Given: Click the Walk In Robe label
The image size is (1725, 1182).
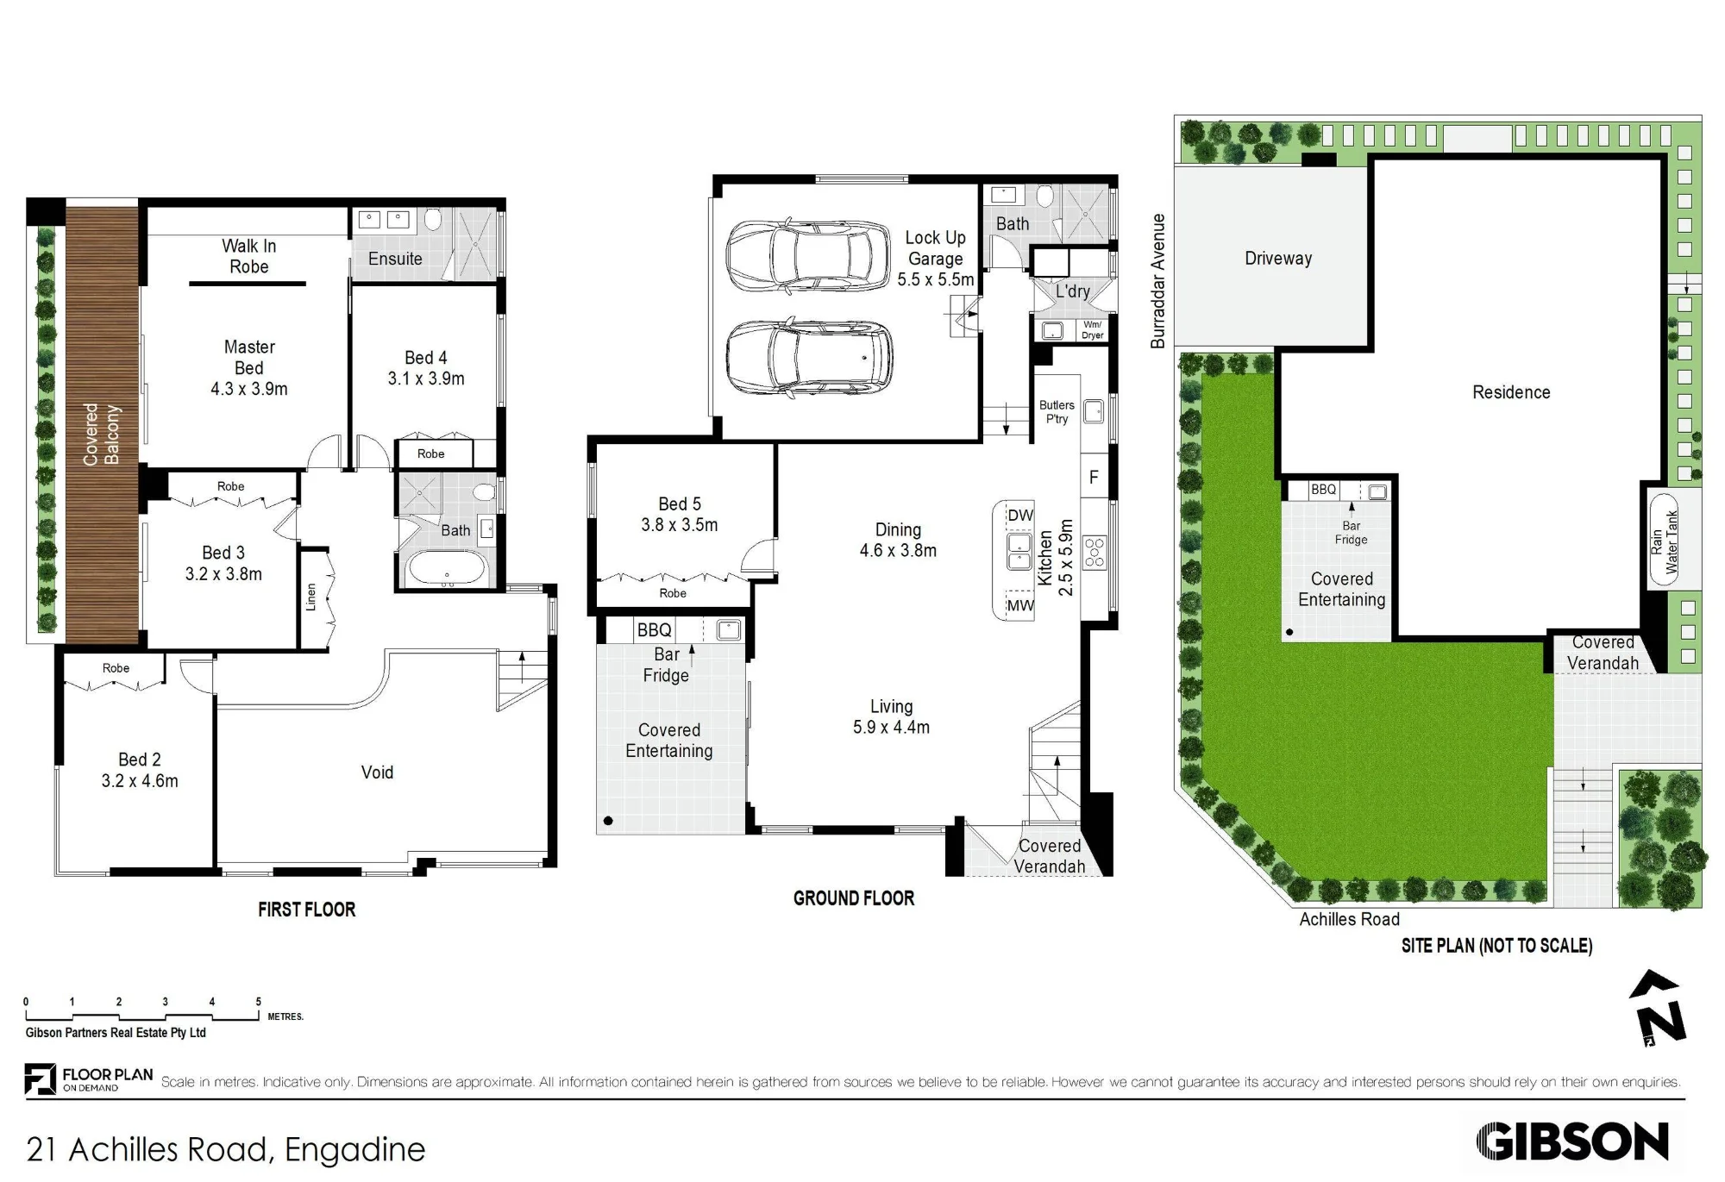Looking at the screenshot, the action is (x=249, y=256).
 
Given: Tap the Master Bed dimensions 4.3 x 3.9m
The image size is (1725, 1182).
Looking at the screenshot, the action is (x=249, y=389).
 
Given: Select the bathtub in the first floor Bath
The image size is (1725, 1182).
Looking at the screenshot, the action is (x=448, y=568).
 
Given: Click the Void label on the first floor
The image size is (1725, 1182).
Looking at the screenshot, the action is (x=377, y=772).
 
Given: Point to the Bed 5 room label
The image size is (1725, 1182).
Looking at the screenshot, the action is (x=680, y=503).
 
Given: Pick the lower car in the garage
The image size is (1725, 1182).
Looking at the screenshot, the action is (x=809, y=355).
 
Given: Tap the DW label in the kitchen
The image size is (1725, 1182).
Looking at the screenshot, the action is (x=1020, y=516).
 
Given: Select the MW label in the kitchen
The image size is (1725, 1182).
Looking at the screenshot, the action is (x=1020, y=605).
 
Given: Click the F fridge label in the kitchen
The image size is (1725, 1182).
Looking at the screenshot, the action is (x=1095, y=478).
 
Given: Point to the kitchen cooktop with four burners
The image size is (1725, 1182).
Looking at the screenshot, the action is (x=1095, y=552).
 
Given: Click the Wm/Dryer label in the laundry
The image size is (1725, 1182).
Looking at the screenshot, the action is (x=1093, y=330).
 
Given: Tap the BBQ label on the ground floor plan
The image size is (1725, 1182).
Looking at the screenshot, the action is (x=655, y=630).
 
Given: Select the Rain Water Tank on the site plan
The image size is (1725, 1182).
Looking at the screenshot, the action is (x=1664, y=540).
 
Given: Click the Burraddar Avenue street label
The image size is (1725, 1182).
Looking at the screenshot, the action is (x=1157, y=281).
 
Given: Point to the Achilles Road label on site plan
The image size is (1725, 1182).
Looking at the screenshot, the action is (x=1350, y=919).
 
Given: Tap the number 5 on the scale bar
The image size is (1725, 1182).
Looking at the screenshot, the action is (x=258, y=1002).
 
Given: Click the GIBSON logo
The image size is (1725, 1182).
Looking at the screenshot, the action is (x=1572, y=1141).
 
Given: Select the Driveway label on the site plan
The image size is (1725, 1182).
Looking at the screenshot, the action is (x=1278, y=259).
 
